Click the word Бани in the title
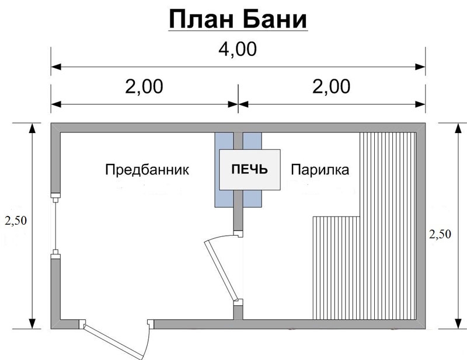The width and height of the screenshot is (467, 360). (x=276, y=19)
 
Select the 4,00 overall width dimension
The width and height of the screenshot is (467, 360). (x=238, y=50)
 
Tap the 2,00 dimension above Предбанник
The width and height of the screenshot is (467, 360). (x=144, y=87)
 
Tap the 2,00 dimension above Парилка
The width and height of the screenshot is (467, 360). (x=331, y=87)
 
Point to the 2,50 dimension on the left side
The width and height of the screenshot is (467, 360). (x=16, y=221)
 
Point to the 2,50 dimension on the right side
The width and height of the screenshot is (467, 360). (x=440, y=234)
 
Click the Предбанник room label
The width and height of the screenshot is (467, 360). (x=147, y=170)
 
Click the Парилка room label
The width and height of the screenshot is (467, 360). (x=320, y=170)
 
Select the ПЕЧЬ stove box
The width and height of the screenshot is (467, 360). (x=250, y=170)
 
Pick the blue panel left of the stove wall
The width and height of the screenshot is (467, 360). (x=224, y=170)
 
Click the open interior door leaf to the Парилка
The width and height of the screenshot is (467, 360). (x=221, y=271)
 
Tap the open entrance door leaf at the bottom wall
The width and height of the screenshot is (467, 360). (x=113, y=341)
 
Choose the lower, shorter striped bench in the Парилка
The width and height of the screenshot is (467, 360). (x=336, y=268)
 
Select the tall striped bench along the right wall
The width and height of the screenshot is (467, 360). (x=388, y=226)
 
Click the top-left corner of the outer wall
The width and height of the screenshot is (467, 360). (x=51, y=123)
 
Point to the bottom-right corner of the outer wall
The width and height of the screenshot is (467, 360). (x=426, y=329)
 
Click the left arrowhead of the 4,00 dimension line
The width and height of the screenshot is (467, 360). (x=56, y=67)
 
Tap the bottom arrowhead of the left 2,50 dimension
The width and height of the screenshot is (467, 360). (x=32, y=324)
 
